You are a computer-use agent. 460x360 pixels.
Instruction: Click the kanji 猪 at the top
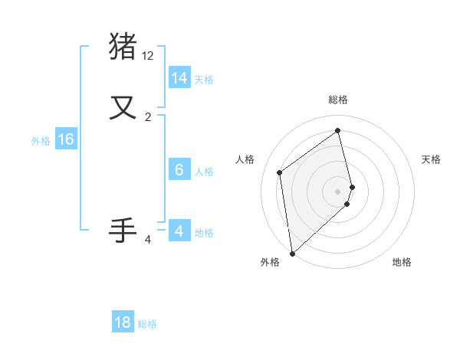tap(123, 45)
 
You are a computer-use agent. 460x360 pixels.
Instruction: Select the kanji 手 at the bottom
tap(123, 230)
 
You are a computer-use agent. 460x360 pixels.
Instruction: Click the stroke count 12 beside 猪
tap(148, 56)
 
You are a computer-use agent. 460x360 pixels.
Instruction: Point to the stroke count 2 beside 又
tap(148, 117)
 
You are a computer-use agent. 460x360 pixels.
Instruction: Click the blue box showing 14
tap(179, 78)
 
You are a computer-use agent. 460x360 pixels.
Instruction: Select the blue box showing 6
tap(179, 170)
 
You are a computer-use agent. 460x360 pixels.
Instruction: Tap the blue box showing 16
tap(66, 139)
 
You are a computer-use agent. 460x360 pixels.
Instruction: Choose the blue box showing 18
tap(123, 322)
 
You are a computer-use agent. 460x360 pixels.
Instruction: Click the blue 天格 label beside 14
tap(204, 80)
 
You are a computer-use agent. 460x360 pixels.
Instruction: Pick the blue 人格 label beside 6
tap(204, 172)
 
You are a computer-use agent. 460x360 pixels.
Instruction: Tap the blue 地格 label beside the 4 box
tap(204, 233)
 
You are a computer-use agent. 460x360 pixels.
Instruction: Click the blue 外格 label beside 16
tap(41, 141)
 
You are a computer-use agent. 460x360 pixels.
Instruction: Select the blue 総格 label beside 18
tap(147, 324)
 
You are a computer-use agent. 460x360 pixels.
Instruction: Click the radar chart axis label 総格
tap(338, 100)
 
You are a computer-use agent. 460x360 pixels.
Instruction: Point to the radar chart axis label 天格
tap(432, 159)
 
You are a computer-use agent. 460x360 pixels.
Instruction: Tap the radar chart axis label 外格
tap(270, 263)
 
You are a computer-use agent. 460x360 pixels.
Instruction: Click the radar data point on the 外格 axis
tap(292, 253)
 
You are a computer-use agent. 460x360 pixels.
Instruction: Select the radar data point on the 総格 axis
tap(338, 130)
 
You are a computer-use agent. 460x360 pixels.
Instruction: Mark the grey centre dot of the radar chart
tap(338, 191)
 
